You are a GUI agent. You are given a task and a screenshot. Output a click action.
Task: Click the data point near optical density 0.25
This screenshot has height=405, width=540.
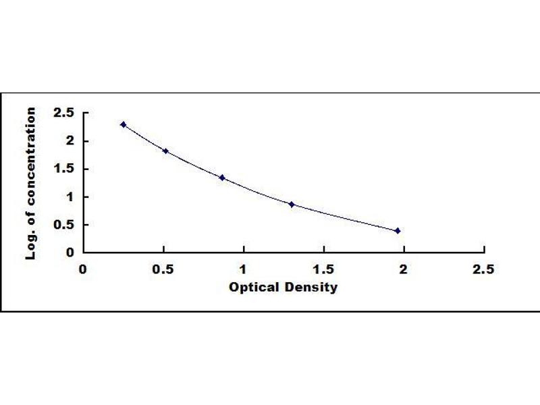click(124, 125)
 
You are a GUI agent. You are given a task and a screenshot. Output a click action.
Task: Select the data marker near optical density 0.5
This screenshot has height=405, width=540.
click(165, 151)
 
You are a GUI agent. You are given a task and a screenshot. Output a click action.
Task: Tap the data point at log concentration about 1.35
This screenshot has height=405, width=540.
click(222, 178)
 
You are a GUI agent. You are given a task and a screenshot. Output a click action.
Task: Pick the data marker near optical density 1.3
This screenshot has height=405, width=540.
click(292, 205)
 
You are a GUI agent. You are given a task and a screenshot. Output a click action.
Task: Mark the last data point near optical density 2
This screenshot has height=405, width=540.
click(398, 231)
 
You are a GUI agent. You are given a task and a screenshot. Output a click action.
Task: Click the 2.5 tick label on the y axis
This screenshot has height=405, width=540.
click(63, 113)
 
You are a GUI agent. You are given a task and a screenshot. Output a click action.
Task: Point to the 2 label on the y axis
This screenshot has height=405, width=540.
click(70, 141)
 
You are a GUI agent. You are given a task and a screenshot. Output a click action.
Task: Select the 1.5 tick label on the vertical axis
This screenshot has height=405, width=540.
click(64, 169)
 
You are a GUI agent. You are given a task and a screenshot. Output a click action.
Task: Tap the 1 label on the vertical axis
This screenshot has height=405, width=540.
click(71, 197)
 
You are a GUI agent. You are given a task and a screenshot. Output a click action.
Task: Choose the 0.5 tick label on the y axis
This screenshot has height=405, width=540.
click(63, 225)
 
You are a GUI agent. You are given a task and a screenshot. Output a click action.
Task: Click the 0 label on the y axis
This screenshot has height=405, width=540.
click(70, 252)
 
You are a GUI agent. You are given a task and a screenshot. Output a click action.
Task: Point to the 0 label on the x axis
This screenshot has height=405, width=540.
click(82, 269)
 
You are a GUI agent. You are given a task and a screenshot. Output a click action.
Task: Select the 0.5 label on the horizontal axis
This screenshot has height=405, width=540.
click(163, 269)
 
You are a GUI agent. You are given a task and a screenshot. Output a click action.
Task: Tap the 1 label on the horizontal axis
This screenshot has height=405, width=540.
click(243, 269)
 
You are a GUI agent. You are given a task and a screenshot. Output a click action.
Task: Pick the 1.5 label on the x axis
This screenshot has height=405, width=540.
click(323, 269)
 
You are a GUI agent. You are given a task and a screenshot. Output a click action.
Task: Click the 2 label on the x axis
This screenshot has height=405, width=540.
click(403, 269)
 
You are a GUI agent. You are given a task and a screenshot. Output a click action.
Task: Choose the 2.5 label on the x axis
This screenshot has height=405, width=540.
click(483, 269)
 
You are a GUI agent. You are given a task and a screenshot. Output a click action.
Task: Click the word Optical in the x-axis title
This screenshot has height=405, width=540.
click(254, 288)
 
